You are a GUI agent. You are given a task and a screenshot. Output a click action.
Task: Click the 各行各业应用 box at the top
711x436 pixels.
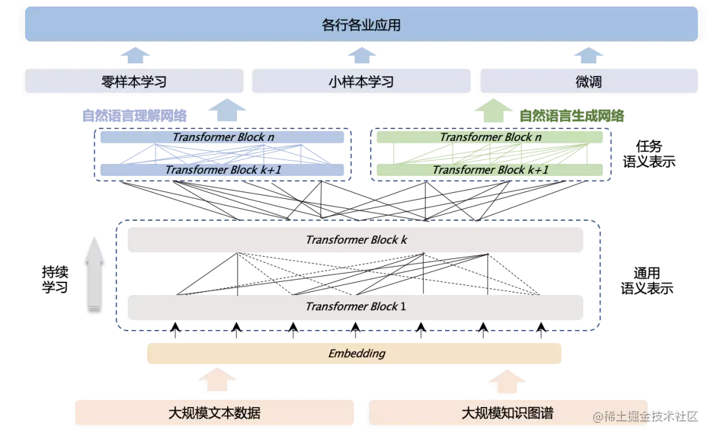click(x=361, y=25)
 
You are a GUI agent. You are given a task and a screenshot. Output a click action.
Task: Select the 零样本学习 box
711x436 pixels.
click(x=134, y=82)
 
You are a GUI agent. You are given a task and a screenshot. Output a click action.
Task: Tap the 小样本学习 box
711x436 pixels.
click(x=361, y=82)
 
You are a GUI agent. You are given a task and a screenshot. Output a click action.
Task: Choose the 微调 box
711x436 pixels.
click(x=589, y=82)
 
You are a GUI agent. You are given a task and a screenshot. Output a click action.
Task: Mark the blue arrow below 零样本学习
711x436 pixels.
click(x=226, y=111)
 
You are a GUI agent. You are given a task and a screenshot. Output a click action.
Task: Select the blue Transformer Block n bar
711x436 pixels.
click(x=224, y=137)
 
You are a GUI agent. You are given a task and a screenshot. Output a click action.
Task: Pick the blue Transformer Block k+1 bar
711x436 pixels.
click(x=224, y=170)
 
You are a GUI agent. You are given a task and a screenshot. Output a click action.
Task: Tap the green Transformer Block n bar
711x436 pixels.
click(x=490, y=137)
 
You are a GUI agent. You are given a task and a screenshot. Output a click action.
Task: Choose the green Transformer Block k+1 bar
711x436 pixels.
click(x=490, y=170)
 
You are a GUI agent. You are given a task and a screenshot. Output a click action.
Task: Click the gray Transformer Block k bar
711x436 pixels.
click(x=355, y=240)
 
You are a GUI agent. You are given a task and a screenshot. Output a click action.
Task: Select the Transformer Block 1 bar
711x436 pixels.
click(x=355, y=306)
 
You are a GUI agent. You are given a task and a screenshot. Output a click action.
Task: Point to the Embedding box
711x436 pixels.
click(x=355, y=354)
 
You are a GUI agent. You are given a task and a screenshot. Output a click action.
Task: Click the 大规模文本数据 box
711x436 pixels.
click(x=215, y=413)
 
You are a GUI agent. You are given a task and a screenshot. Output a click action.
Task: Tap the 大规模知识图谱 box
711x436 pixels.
click(x=507, y=413)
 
